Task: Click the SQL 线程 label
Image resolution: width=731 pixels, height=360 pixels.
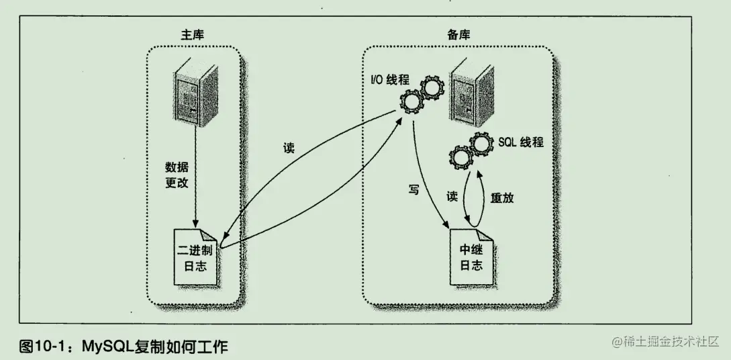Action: (521, 142)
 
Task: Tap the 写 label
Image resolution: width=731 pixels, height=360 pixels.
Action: (414, 189)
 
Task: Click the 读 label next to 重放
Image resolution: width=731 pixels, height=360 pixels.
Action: (452, 197)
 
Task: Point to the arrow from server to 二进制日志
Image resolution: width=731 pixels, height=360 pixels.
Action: (195, 175)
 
